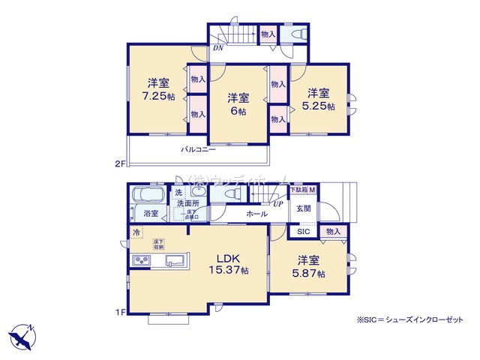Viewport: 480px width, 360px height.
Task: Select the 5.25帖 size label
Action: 319,106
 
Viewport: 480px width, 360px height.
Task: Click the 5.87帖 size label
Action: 310,274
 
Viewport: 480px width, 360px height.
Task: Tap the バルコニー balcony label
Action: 198,150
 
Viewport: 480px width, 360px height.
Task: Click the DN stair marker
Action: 217,49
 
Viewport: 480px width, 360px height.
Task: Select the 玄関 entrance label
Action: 303,208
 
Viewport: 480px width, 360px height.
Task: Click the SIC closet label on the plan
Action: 302,232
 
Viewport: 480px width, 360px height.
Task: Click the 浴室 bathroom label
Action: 150,214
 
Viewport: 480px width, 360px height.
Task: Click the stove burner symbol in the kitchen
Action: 141,261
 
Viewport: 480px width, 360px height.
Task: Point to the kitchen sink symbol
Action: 175,261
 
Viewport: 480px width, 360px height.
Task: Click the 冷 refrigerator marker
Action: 136,232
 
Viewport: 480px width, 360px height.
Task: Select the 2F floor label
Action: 119,163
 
